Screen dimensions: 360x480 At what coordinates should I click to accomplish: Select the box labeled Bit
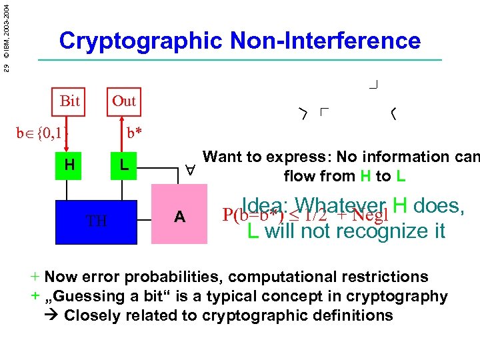coord(69,101)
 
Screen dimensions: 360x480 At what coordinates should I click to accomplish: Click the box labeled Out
coord(123,101)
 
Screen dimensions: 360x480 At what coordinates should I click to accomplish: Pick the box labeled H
coord(69,164)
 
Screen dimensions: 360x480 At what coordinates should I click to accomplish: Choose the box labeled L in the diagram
coord(123,164)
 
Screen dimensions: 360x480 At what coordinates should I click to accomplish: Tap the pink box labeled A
coord(179,217)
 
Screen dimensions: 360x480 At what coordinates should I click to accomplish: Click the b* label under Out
coord(135,132)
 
